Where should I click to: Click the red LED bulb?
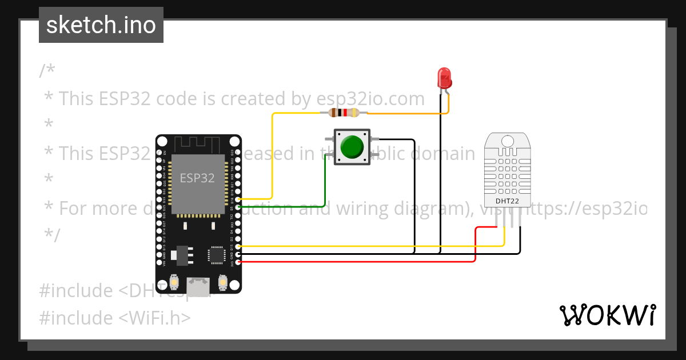(444, 78)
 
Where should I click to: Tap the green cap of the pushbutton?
(352, 147)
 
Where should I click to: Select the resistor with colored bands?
(344, 113)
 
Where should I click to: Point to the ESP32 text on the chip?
(197, 178)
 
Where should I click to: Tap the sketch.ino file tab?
(101, 25)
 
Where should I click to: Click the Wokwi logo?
(607, 315)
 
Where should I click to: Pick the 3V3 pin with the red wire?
(238, 262)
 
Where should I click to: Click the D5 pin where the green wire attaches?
(238, 206)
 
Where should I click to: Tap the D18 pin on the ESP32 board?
(238, 199)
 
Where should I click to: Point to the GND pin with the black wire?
(238, 254)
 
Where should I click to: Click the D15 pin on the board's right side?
(238, 247)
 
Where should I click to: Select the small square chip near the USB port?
(217, 255)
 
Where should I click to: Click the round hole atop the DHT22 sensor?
(506, 141)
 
